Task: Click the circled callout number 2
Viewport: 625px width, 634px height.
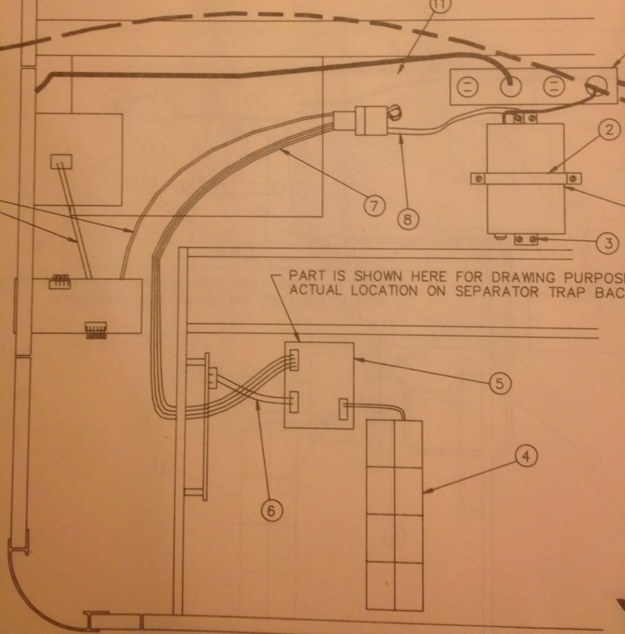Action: pos(610,131)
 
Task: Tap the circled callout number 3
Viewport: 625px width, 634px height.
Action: pos(609,243)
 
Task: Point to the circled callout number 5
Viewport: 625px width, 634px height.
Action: pos(499,384)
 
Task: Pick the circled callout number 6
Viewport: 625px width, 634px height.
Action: pos(271,510)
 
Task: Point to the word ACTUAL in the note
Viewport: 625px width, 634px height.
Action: pos(315,291)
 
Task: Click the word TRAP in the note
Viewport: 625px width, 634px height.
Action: pos(564,291)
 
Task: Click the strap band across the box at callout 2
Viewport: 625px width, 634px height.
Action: pos(526,179)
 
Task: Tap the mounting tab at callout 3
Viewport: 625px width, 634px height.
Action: pos(525,239)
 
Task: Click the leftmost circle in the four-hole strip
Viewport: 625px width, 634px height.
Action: pos(469,88)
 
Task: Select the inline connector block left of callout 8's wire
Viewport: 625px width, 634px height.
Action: pos(370,121)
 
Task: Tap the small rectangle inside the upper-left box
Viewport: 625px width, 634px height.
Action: pos(61,162)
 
